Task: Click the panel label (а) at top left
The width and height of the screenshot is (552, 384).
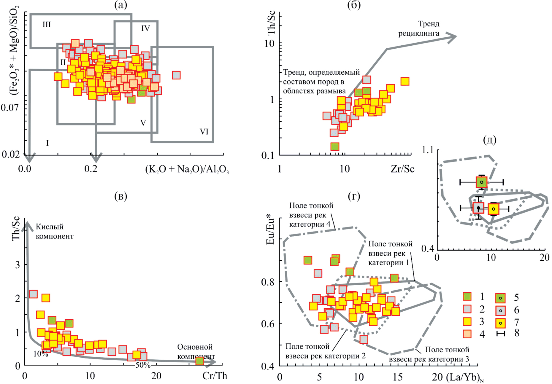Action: [x=120, y=5]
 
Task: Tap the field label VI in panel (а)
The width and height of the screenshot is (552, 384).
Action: [x=204, y=132]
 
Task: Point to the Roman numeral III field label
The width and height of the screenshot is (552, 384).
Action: [x=47, y=25]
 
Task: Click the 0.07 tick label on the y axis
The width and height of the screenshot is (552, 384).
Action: [x=10, y=108]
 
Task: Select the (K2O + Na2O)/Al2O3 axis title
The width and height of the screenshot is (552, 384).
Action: [x=187, y=169]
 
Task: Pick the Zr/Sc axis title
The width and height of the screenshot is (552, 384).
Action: [x=402, y=169]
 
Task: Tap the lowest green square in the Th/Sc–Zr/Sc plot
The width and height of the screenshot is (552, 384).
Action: [x=335, y=146]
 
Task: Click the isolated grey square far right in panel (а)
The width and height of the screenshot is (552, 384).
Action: [x=176, y=75]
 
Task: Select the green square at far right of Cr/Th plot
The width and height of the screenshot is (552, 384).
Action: [x=200, y=361]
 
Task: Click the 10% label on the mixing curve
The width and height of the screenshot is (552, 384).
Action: [x=41, y=354]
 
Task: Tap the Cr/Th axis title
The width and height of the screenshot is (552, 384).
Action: [x=215, y=376]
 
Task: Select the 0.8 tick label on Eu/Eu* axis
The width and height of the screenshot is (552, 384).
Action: [x=268, y=282]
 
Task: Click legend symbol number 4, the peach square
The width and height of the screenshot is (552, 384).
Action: [x=467, y=334]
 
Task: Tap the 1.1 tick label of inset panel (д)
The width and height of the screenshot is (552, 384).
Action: [x=428, y=150]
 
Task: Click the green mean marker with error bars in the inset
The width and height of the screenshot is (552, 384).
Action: [x=481, y=182]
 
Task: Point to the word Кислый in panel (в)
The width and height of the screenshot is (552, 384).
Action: [x=50, y=227]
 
